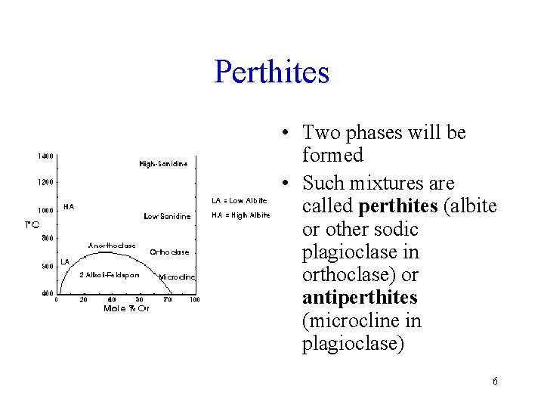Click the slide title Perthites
272,72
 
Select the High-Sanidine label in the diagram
163,164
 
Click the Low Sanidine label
166,216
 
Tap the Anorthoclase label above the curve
112,246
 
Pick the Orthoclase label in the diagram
169,252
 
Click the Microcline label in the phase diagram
178,277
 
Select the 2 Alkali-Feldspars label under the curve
110,274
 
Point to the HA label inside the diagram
69,205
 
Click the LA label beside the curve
65,261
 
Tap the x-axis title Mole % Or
127,308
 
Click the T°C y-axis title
32,224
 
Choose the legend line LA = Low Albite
240,200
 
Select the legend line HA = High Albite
241,215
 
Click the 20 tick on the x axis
84,299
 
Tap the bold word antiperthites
360,298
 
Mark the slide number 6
495,382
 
